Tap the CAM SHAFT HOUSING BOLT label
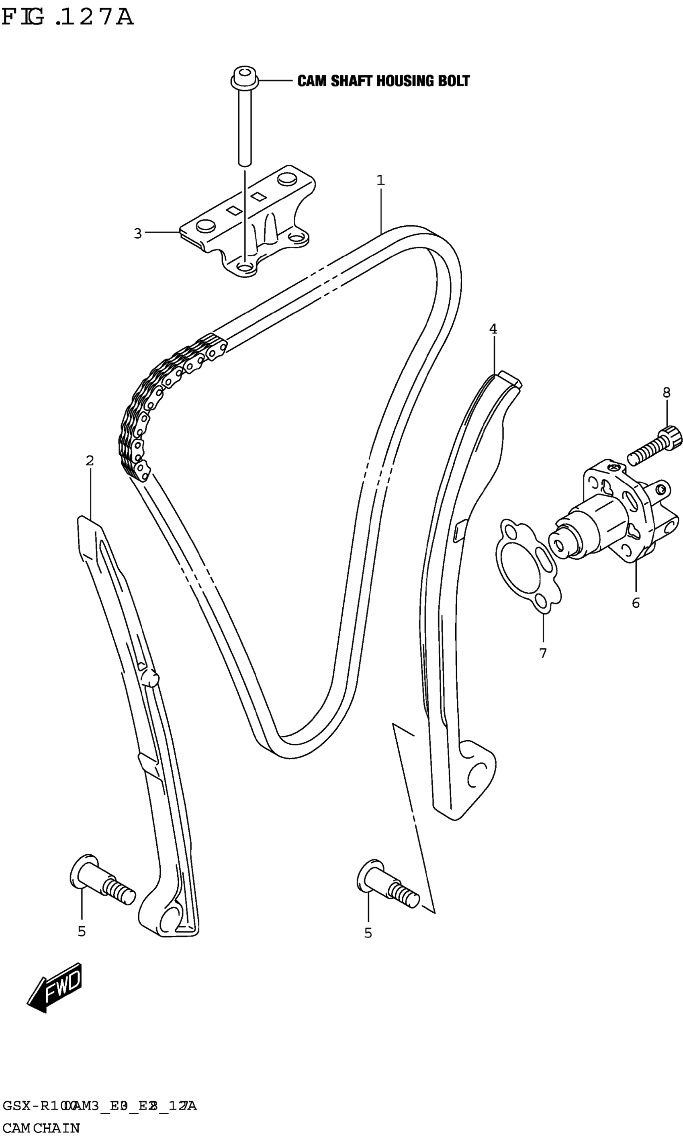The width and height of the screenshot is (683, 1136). (383, 82)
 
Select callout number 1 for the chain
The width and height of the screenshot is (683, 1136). (380, 180)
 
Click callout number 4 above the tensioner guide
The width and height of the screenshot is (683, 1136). (493, 329)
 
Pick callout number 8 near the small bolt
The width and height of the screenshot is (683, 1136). (667, 393)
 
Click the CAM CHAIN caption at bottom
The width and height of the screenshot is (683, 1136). (41, 1124)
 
